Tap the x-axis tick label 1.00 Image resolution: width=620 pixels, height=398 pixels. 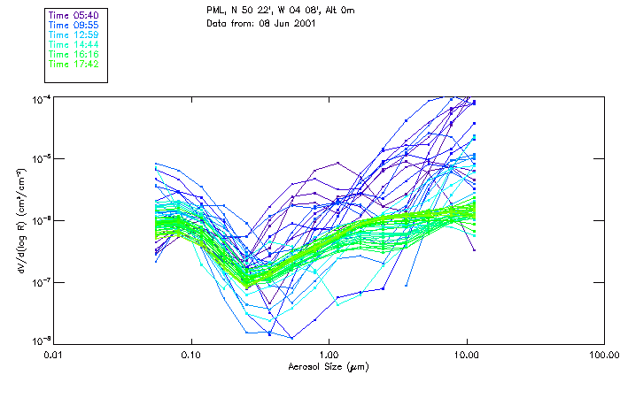point(329,355)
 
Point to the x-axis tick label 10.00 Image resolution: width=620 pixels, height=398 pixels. point(466,355)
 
